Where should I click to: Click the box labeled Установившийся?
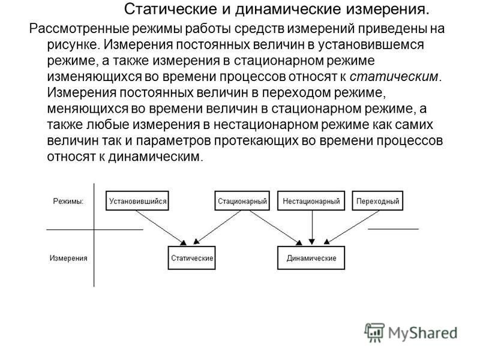(137, 201)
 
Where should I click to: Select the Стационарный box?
(242, 201)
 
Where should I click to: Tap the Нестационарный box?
(311, 201)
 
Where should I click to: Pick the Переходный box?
(377, 201)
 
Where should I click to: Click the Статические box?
(191, 258)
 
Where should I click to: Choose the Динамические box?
(311, 258)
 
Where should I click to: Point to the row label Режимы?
(68, 202)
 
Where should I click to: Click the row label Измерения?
(68, 258)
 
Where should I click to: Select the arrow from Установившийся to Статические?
(160, 228)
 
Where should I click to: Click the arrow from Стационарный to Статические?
(217, 227)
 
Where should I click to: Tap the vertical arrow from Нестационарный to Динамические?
(312, 227)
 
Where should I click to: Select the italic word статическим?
(394, 76)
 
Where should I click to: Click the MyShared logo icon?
(374, 332)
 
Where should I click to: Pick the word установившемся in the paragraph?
(370, 44)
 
